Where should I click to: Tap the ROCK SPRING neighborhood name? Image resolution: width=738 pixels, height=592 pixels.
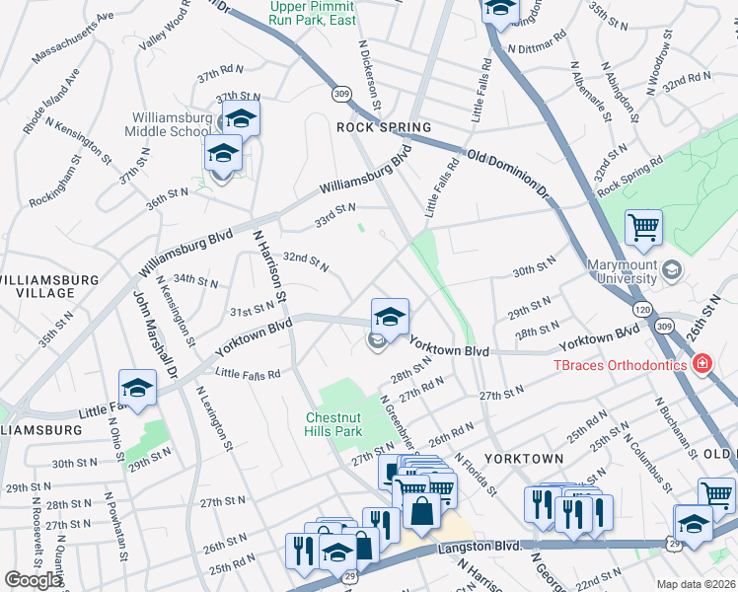click(x=384, y=128)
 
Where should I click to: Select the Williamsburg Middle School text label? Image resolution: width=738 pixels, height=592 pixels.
click(x=172, y=124)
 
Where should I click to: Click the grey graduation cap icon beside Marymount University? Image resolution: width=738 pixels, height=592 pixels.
click(x=671, y=269)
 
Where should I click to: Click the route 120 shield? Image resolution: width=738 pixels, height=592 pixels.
click(x=641, y=308)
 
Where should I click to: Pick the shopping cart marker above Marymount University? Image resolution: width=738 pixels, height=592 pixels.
click(x=642, y=229)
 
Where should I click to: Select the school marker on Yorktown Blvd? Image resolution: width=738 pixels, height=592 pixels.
click(x=390, y=318)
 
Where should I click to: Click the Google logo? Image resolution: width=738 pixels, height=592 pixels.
click(x=34, y=580)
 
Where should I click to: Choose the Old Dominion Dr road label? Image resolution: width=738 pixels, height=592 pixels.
click(x=506, y=172)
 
